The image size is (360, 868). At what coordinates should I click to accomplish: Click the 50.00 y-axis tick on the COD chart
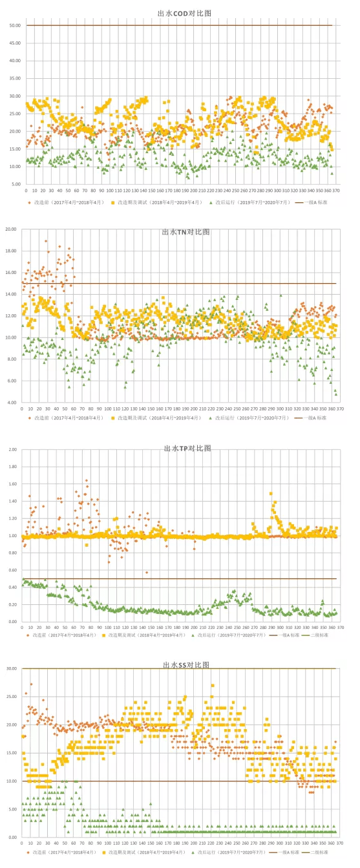(x=14, y=25)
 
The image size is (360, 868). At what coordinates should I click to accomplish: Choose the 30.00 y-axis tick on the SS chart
(x=11, y=668)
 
